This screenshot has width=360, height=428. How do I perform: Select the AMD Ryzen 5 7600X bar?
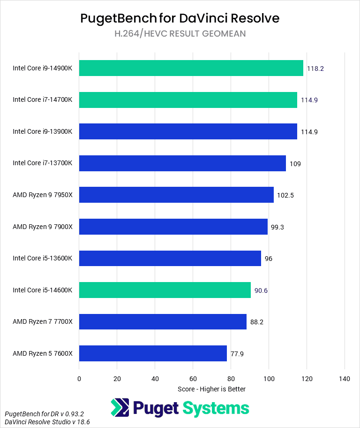[x=153, y=353]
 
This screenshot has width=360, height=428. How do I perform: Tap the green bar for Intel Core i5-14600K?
[x=165, y=290]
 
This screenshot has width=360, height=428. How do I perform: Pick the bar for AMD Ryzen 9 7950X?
[x=176, y=195]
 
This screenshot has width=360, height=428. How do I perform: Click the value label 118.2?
[x=315, y=69]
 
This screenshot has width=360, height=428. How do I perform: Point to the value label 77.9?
[x=237, y=353]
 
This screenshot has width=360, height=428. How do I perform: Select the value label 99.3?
[x=277, y=227]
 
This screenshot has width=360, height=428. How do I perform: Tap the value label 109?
[x=295, y=163]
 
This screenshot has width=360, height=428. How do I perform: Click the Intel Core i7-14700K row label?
[x=43, y=100]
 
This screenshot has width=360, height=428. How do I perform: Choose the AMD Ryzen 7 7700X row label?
[x=43, y=321]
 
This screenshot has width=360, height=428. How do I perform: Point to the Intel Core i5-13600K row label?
[x=43, y=259]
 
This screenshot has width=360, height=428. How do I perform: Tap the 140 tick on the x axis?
[x=345, y=379]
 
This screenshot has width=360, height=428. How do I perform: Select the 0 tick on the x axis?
[x=79, y=379]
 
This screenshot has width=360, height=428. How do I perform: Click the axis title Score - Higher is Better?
[x=212, y=389]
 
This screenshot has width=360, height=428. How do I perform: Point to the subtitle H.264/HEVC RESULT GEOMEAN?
[x=180, y=33]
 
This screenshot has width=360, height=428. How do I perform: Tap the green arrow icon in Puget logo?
[x=120, y=408]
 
